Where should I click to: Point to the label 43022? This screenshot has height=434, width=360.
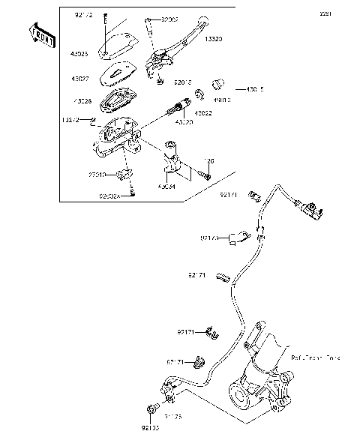(203, 112)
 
